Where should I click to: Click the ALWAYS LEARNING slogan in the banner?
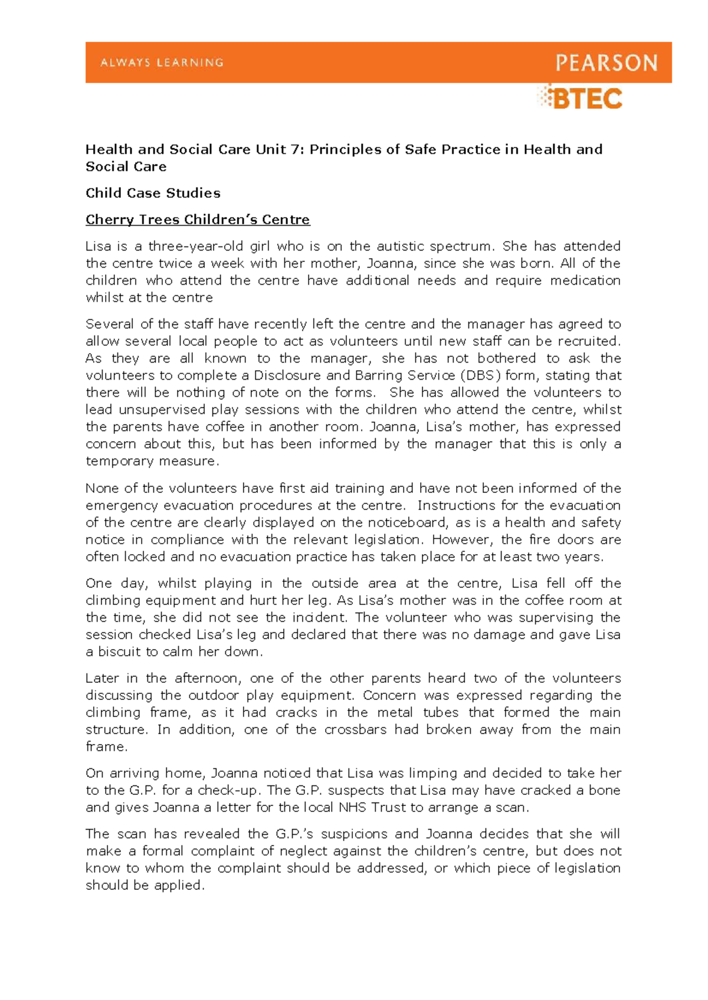(162, 63)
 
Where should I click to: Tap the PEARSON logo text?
(607, 63)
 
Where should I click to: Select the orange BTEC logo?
(580, 98)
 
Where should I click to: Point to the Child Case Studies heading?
(153, 193)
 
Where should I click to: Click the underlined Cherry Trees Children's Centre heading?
(198, 219)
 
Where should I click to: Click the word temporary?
(116, 460)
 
